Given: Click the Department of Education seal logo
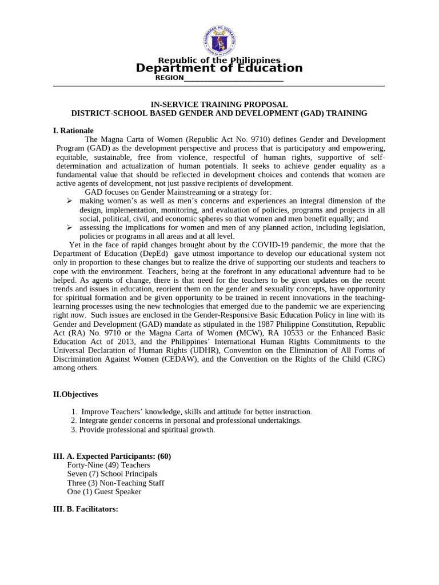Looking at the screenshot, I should (219, 38).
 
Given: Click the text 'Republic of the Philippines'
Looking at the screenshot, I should (219, 60).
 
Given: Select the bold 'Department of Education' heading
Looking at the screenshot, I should (219, 69).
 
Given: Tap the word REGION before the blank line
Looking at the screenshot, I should (170, 78).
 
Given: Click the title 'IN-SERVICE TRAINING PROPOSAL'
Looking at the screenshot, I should (219, 105).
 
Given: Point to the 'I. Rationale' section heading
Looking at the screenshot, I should (73, 130).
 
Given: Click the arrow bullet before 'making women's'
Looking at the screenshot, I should (69, 201).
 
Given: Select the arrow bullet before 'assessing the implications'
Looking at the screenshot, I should (69, 227).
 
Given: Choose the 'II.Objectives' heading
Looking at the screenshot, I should (75, 394).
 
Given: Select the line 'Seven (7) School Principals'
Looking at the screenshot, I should (112, 474).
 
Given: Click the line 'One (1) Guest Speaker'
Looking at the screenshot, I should (105, 491).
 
